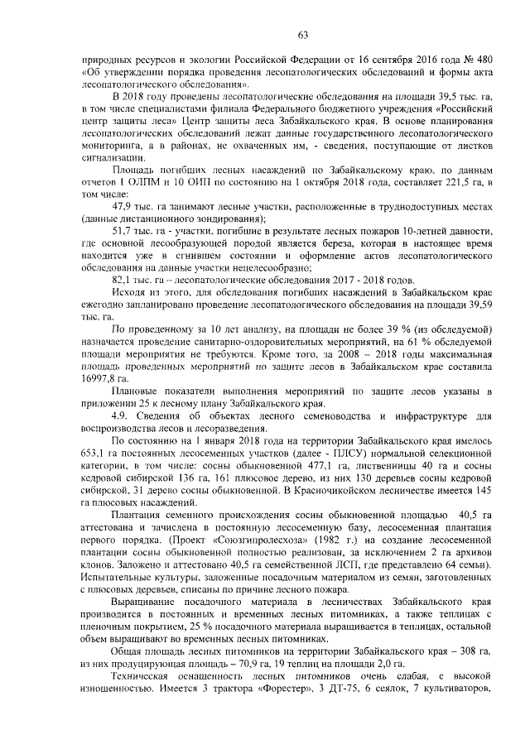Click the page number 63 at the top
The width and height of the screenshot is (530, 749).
coord(302,34)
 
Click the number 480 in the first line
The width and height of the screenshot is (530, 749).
coord(482,60)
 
